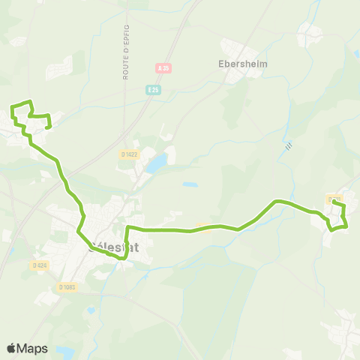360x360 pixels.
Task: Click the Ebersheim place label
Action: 242,64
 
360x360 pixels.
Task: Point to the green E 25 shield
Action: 153,89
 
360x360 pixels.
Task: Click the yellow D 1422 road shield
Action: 129,154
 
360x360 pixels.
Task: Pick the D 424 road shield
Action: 40,265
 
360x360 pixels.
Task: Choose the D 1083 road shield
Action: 67,286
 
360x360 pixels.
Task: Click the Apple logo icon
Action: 11,349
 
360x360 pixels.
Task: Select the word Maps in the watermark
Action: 33,349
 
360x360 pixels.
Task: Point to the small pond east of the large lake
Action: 190,184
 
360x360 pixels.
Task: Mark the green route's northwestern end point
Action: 48,127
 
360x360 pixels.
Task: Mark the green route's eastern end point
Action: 334,203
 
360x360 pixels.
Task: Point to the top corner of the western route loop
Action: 31,101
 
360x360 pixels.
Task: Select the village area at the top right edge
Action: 310,34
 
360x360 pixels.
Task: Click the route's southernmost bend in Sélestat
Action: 122,258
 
